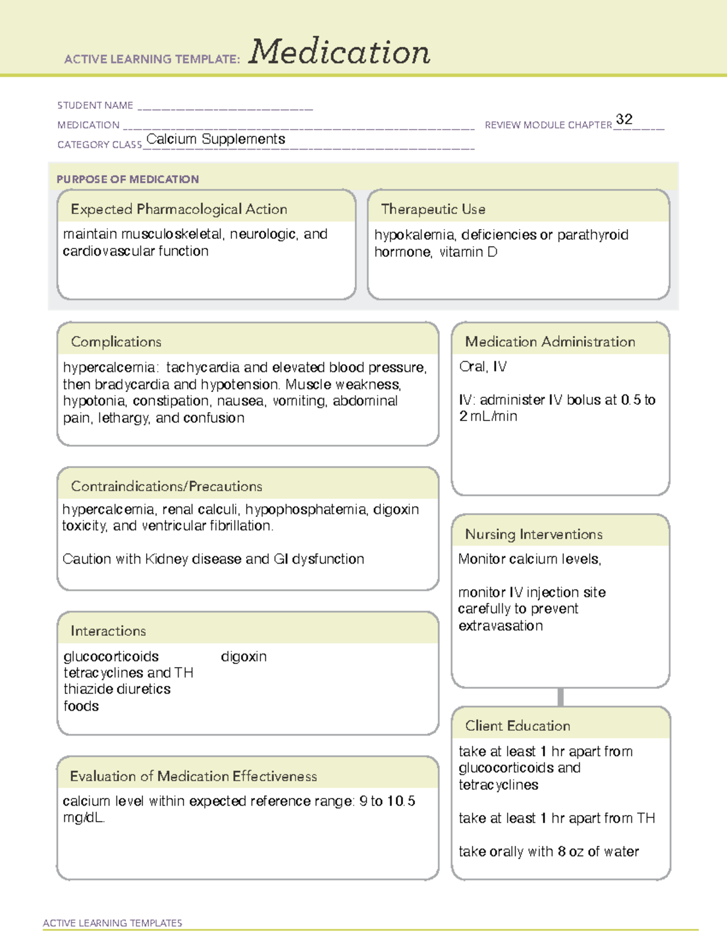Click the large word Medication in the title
[339, 52]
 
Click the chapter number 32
[624, 119]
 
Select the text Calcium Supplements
[216, 139]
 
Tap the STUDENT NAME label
[95, 105]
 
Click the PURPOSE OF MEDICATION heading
[128, 179]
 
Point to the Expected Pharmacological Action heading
[179, 210]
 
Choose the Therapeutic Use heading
[433, 210]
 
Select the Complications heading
[116, 342]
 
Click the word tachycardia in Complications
[203, 368]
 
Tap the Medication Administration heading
[550, 342]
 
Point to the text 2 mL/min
[488, 417]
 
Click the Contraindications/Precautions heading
[167, 487]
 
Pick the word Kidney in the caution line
[166, 559]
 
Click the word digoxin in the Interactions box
[244, 657]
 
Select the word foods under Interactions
[81, 707]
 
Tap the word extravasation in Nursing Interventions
[500, 626]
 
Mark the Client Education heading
[517, 726]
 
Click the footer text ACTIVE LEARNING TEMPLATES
[113, 923]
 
